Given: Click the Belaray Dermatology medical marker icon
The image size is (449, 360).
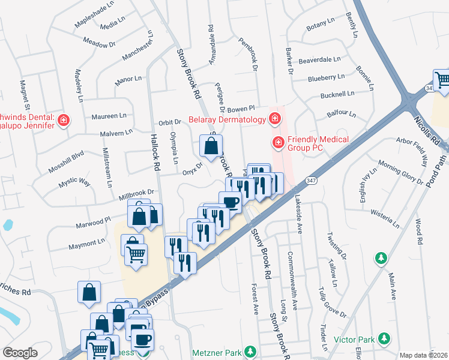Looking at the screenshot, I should (274, 119).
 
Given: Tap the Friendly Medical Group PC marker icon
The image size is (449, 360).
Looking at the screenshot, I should (278, 142).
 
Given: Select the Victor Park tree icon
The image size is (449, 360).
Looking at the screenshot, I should (381, 340).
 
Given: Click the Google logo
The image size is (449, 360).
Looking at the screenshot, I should (20, 353).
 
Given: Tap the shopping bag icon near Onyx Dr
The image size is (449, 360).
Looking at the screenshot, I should (211, 146).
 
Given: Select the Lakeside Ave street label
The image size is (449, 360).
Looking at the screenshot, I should (298, 209).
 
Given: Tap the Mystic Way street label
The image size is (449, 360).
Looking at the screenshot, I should (74, 181).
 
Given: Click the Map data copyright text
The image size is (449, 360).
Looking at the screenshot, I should (424, 355).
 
